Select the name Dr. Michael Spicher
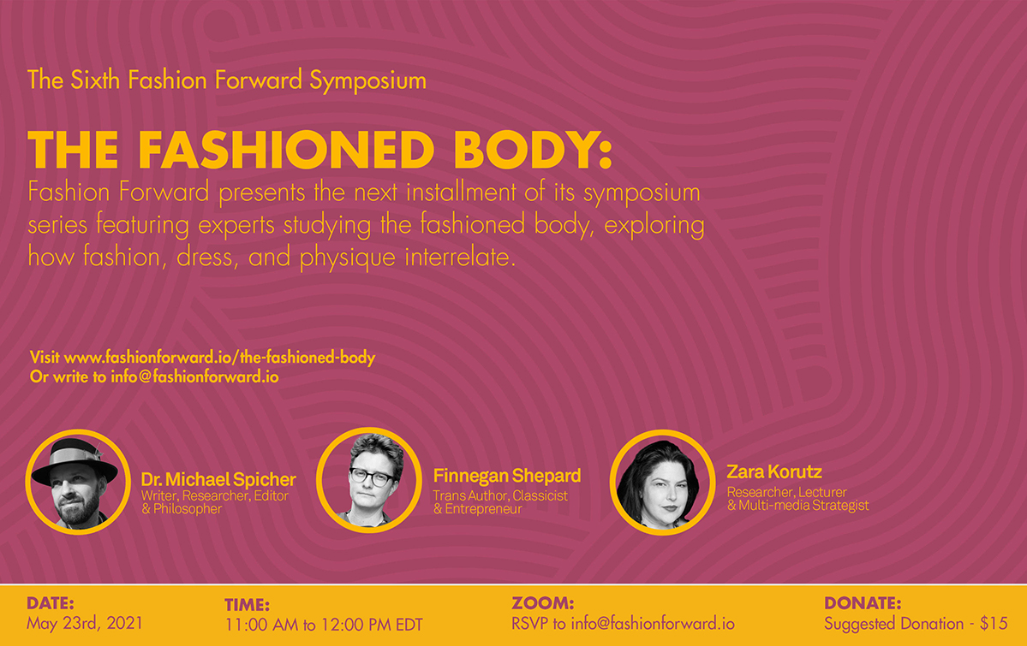coord(218,479)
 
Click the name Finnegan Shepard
coord(507,476)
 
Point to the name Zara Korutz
coord(774,471)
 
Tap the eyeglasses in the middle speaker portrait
coord(372,475)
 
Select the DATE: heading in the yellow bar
coord(51,602)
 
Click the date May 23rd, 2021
coord(85,622)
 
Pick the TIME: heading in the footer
coord(247,605)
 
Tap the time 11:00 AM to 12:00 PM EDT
coord(324,625)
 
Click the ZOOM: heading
coord(542,603)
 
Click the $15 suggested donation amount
coord(994,624)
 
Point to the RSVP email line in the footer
coord(623,624)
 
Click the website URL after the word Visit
coord(219,358)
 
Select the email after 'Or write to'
coord(194,376)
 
